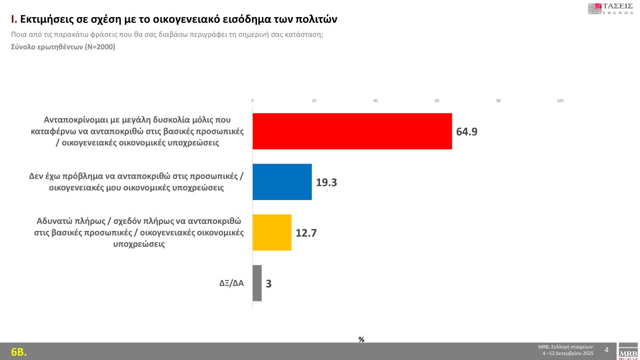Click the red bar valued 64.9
352,131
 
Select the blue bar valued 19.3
282,182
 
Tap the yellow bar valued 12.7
272,233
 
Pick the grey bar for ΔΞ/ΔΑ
257,283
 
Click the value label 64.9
467,131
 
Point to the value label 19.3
326,182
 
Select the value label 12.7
306,233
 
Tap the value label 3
269,284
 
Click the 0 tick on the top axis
252,101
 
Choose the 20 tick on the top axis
314,101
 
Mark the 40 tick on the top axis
375,101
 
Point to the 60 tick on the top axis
437,101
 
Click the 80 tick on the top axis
499,101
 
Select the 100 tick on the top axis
560,101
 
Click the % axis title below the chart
361,339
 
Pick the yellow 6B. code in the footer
19,352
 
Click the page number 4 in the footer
606,350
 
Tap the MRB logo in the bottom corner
628,352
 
